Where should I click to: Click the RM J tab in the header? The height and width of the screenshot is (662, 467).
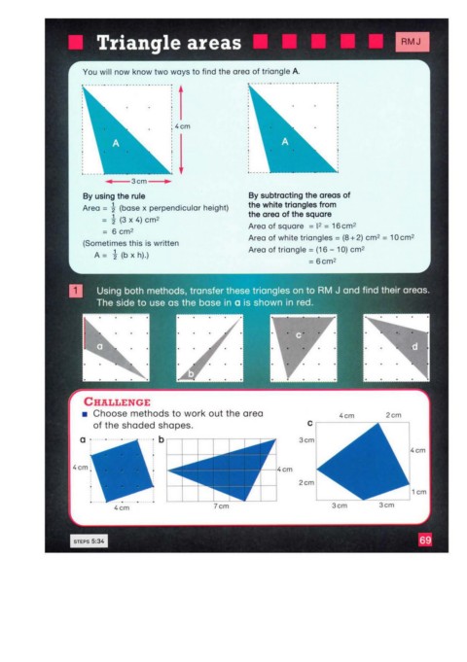413,42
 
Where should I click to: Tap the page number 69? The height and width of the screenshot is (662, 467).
425,540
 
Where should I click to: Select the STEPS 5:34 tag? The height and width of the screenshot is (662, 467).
89,541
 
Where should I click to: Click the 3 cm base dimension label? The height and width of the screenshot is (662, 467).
138,182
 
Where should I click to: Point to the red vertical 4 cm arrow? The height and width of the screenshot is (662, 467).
181,129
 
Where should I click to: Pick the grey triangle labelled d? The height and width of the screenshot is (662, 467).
406,343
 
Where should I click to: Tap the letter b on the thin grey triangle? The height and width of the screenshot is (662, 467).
191,374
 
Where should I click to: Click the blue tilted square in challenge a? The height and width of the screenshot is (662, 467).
122,470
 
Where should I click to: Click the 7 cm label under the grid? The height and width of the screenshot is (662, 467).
221,505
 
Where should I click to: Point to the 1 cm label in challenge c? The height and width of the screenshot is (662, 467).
418,492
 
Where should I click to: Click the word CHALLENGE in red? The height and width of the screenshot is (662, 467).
117,401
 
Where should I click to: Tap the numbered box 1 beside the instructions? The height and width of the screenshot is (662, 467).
76,291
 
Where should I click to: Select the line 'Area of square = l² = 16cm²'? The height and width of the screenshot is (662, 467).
303,226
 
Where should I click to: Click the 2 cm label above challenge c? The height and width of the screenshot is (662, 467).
393,415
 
